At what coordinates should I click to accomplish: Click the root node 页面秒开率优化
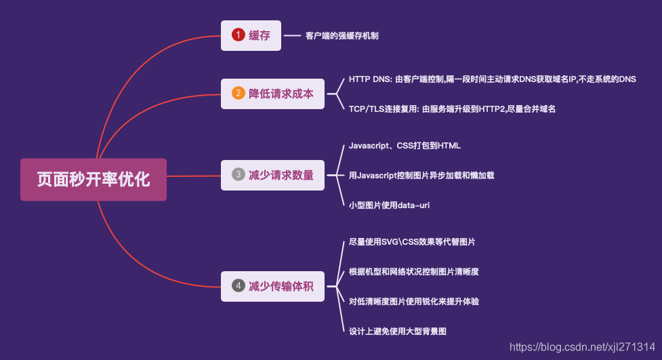(93, 180)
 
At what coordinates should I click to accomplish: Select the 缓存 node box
(250, 35)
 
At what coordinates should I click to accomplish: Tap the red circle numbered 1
(238, 35)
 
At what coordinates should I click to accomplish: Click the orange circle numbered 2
(238, 94)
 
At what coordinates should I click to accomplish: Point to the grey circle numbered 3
(238, 175)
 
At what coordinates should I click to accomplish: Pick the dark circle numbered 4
(238, 286)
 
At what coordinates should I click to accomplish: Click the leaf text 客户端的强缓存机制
(342, 35)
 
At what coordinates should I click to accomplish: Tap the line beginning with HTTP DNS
(492, 79)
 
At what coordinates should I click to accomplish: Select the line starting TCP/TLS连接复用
(452, 108)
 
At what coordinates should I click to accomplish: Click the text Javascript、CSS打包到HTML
(405, 145)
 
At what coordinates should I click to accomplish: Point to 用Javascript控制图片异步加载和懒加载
(421, 175)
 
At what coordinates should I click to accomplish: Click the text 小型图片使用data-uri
(389, 204)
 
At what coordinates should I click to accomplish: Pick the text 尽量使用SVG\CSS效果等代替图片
(416, 241)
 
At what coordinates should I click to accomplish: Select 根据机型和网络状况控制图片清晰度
(414, 271)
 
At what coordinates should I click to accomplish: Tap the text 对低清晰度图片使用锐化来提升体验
(414, 301)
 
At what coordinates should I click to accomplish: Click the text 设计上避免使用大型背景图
(397, 331)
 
